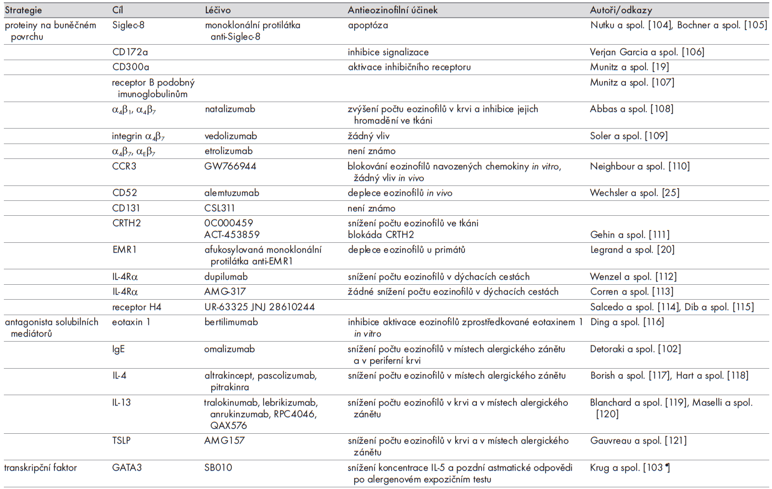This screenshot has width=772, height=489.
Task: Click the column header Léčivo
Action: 217,10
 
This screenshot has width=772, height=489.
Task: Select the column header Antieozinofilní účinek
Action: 392,10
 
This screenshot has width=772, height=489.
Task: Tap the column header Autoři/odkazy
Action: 621,10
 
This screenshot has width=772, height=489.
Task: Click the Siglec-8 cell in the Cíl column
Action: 128,25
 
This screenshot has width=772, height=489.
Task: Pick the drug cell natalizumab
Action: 230,109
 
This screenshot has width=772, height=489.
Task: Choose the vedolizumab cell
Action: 231,136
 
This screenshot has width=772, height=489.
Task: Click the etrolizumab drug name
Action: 228,151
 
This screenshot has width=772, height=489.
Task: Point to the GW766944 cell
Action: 230,166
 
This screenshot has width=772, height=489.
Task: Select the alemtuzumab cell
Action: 232,193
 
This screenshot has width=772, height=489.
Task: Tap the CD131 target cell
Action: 126,209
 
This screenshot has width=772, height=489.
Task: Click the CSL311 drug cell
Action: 220,209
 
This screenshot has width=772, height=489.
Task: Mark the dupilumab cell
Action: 226,277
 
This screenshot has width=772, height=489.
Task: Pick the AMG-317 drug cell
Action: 225,292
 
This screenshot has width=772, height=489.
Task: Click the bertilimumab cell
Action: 231,322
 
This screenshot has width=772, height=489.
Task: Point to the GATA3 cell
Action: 127,468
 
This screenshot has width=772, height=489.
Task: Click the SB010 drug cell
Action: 218,468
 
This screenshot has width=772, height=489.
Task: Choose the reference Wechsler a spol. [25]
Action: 635,193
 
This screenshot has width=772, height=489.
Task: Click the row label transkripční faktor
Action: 41,468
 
